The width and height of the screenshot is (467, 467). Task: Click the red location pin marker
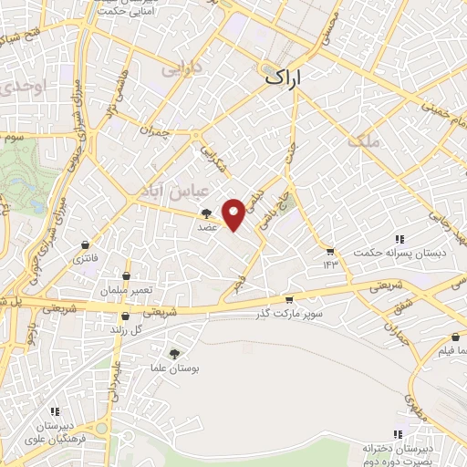234,213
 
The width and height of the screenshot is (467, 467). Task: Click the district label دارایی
178,68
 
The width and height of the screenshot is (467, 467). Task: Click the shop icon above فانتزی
85,244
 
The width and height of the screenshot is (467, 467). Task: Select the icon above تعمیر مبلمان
127,275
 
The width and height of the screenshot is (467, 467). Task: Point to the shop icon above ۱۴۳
329,251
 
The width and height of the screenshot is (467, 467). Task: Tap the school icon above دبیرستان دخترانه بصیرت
397,434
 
